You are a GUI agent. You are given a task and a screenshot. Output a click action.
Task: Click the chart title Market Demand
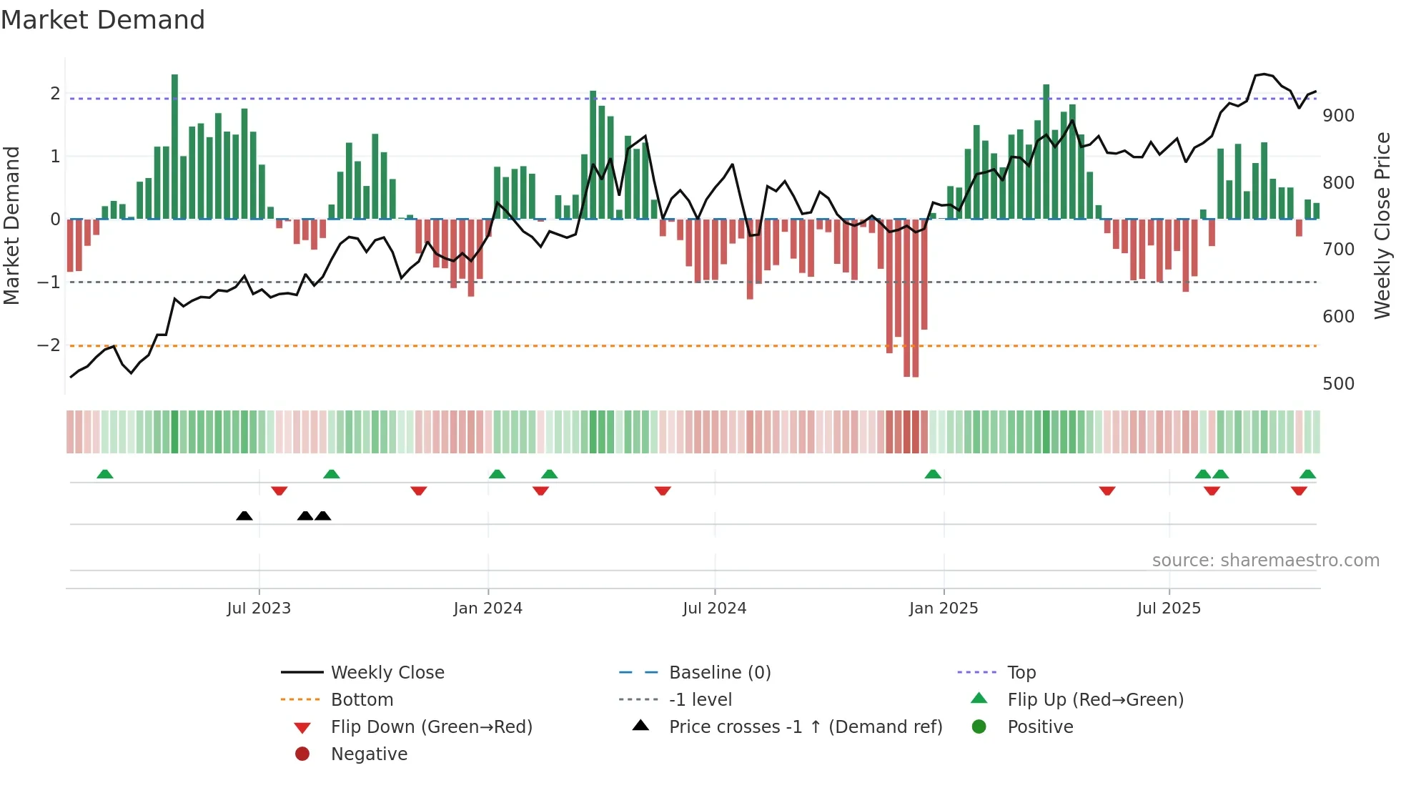(x=103, y=20)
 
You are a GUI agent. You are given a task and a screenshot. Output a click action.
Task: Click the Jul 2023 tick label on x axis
(x=259, y=609)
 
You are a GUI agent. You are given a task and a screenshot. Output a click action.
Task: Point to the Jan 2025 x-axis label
(x=944, y=609)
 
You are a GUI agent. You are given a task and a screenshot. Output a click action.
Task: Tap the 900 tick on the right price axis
(x=1338, y=116)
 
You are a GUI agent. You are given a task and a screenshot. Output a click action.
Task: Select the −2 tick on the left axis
(x=49, y=345)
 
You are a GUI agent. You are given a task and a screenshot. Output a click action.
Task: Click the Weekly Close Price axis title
(x=1382, y=225)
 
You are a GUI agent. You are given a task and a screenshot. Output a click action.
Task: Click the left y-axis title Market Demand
(x=11, y=225)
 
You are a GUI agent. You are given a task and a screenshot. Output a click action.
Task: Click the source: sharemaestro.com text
(x=1265, y=561)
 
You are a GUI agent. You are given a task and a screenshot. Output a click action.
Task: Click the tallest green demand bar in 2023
(x=174, y=147)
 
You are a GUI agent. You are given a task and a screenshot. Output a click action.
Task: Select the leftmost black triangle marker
(x=244, y=516)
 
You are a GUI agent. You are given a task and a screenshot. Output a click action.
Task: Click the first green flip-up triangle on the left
(x=105, y=474)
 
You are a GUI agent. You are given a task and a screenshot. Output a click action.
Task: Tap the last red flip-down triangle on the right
(x=1299, y=491)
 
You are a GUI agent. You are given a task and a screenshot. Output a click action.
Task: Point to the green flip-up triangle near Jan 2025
(x=933, y=474)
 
